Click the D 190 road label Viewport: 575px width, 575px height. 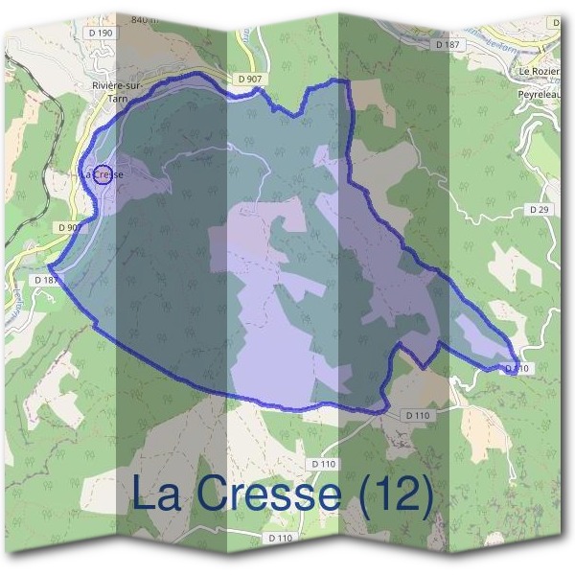[100, 34]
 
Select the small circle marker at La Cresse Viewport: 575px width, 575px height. [105, 174]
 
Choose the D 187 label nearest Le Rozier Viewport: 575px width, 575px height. [447, 45]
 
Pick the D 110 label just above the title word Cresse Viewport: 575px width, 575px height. [324, 464]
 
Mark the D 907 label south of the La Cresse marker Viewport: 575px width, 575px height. [69, 228]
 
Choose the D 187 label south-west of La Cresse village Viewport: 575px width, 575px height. [45, 280]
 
